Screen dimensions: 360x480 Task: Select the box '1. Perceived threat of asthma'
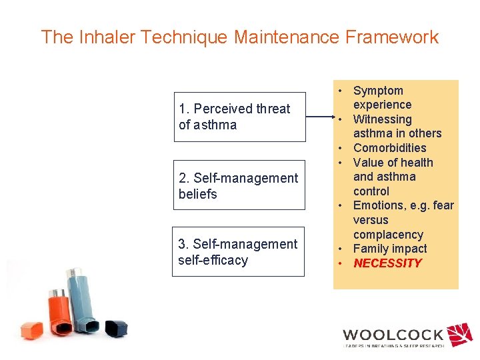point(239,117)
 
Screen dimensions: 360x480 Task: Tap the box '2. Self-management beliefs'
point(239,186)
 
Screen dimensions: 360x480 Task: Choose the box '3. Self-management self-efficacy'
point(239,252)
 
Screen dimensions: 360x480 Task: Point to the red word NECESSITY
point(387,263)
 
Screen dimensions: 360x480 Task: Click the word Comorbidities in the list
point(389,148)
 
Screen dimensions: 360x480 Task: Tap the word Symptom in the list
point(378,91)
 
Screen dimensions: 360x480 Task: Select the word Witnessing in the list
point(382,119)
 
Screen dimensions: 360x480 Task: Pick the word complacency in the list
point(388,235)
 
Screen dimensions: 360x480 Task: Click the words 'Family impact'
point(390,249)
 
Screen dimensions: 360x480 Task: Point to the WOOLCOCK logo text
point(393,335)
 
